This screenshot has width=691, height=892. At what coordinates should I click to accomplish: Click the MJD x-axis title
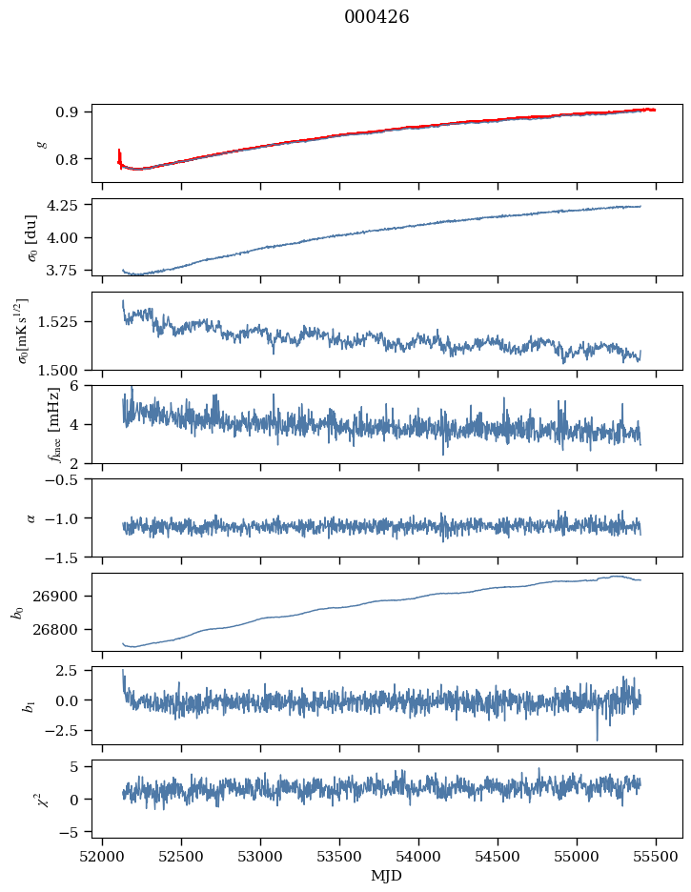386,876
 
